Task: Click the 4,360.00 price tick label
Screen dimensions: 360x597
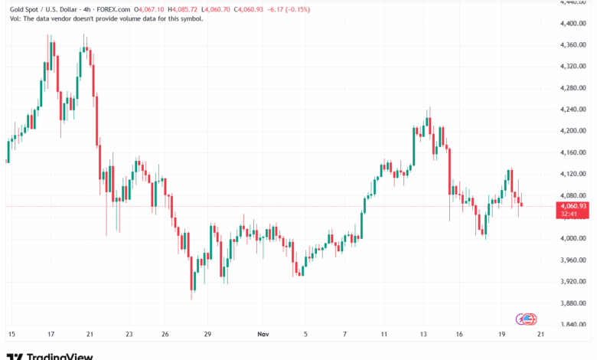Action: [x=573, y=44]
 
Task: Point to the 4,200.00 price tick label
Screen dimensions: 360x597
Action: [x=573, y=131]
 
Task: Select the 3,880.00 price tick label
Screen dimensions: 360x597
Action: [x=573, y=303]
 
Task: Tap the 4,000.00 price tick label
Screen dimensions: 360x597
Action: [x=573, y=239]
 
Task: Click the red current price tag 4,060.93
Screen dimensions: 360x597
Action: [x=573, y=206]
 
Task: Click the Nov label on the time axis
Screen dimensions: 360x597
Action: [x=263, y=335]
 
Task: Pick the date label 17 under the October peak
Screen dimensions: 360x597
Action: [x=51, y=335]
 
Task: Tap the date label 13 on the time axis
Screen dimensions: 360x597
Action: [x=423, y=335]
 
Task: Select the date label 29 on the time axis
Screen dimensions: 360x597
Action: [x=207, y=335]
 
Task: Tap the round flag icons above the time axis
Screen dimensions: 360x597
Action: [x=528, y=318]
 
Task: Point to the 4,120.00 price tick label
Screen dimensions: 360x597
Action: [x=573, y=174]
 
